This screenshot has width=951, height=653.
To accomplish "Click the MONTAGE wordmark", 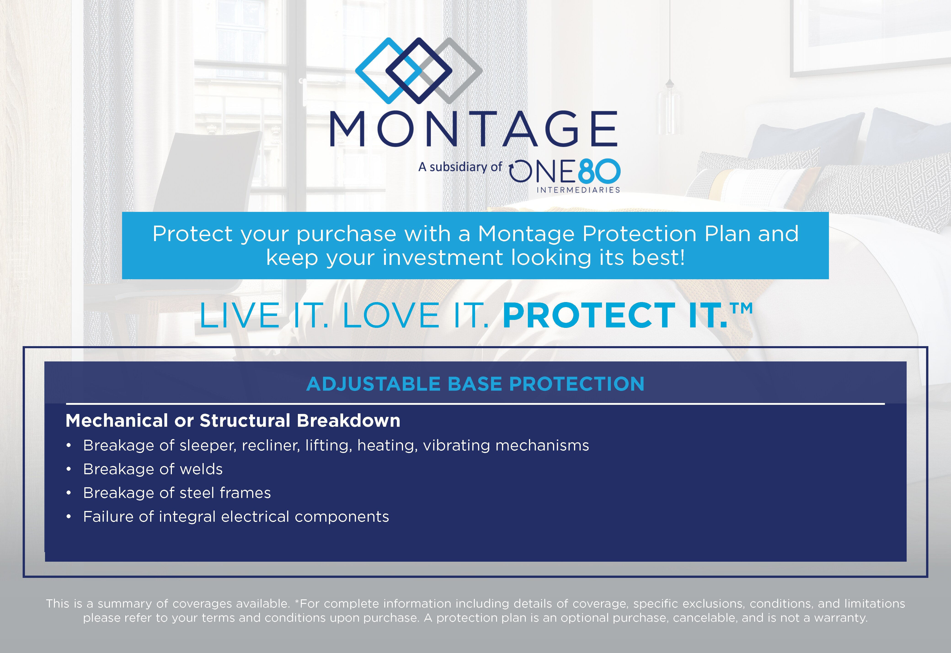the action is point(474,129).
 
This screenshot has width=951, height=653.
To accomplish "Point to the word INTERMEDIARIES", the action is point(578,190).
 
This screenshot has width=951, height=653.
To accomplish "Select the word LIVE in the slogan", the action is point(239,316).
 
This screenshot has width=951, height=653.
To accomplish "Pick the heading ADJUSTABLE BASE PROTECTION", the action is point(475,384).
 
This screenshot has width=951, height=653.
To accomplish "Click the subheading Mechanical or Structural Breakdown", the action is point(233,421).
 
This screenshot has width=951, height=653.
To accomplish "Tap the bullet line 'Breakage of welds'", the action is point(153,469).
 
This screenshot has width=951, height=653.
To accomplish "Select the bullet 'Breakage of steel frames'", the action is point(177,493).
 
